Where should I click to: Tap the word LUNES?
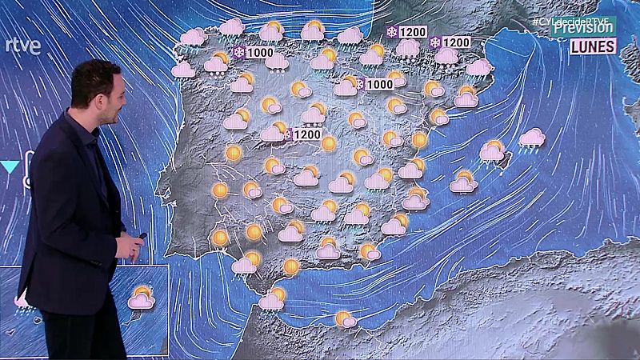(x=593, y=46)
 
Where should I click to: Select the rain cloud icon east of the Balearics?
(x=531, y=139)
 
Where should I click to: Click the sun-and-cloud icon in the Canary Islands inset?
(x=142, y=298)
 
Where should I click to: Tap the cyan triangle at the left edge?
(x=10, y=166)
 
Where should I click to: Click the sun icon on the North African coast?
(x=345, y=319)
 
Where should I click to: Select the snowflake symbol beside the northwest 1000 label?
(x=238, y=53)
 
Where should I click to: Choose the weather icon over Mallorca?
(x=492, y=150)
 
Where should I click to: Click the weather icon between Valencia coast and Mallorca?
(x=463, y=182)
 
